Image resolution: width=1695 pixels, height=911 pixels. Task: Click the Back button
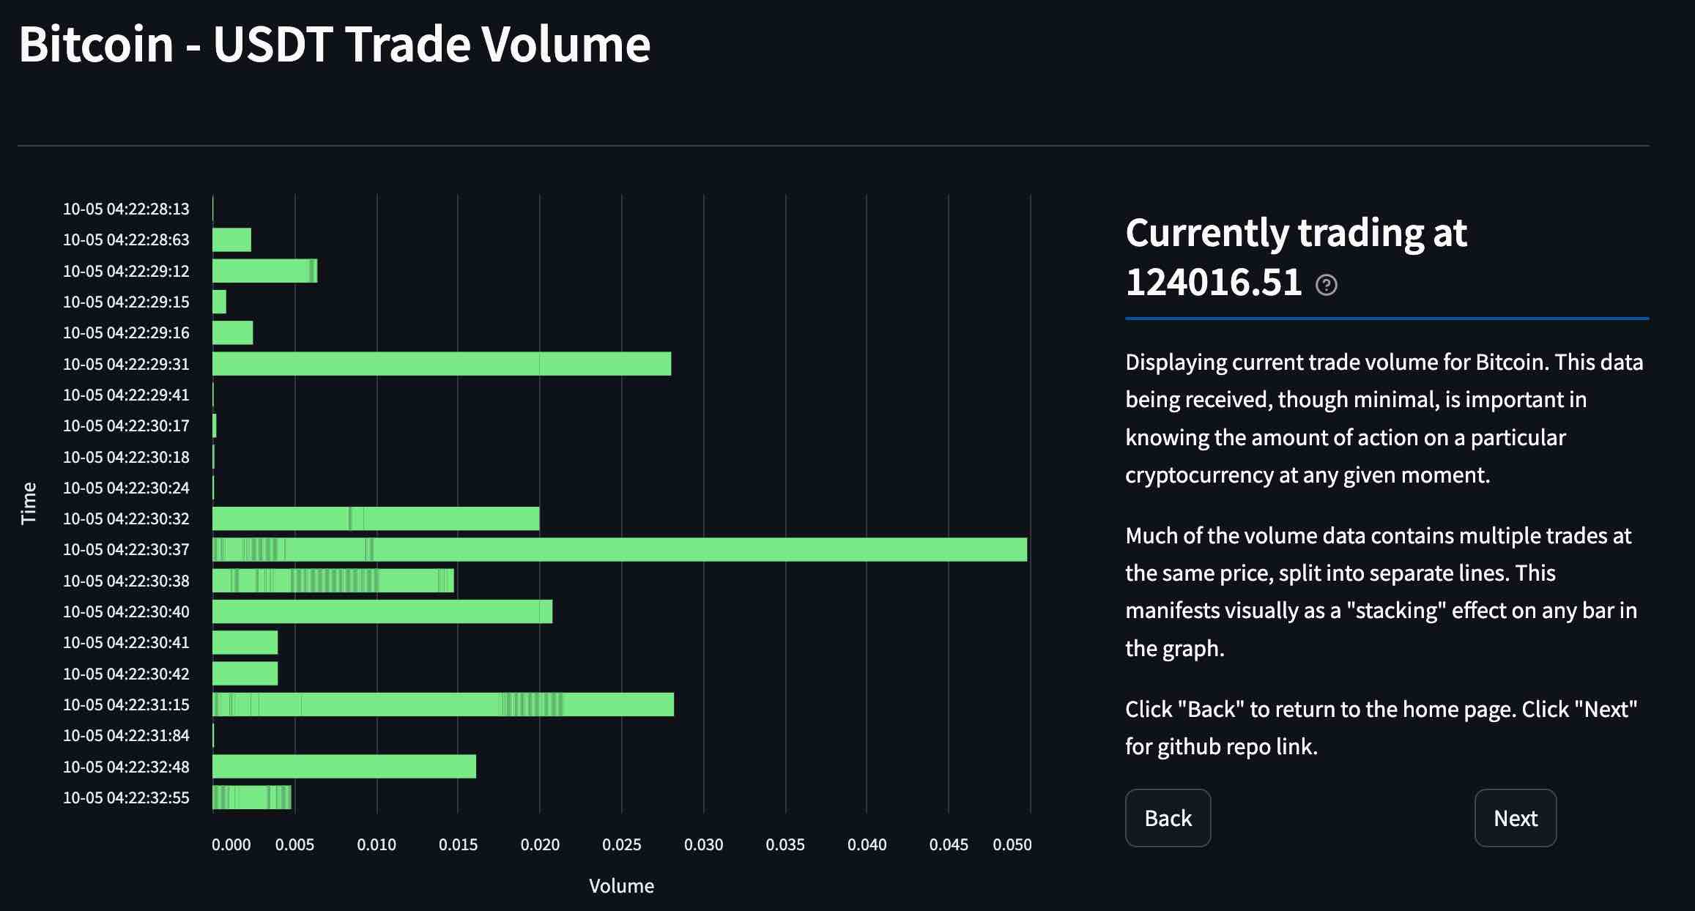click(1168, 818)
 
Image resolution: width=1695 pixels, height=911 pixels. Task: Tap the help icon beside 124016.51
click(1326, 285)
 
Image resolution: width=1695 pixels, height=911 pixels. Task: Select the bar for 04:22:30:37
click(619, 550)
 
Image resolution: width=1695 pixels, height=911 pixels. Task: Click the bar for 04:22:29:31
click(441, 364)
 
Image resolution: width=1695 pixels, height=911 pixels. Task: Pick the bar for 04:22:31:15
click(442, 704)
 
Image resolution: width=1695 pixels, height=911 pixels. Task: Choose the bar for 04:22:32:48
click(344, 767)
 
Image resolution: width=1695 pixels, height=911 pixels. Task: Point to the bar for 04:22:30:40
click(382, 611)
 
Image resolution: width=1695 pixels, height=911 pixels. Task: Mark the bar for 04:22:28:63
click(231, 240)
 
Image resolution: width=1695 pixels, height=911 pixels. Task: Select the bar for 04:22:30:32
click(375, 518)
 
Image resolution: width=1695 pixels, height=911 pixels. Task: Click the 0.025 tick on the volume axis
click(622, 844)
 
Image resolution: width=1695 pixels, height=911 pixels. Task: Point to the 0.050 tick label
click(1012, 844)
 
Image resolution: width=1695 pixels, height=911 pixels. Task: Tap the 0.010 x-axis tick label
click(377, 844)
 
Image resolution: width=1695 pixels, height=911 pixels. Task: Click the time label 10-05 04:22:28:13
click(126, 209)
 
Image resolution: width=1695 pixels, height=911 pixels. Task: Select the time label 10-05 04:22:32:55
click(126, 798)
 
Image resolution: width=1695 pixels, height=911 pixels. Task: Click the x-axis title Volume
click(621, 886)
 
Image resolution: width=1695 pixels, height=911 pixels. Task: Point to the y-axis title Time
click(29, 503)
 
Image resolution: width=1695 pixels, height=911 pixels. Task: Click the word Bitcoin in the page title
click(96, 45)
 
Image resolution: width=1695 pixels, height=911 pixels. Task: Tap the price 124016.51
click(1213, 283)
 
